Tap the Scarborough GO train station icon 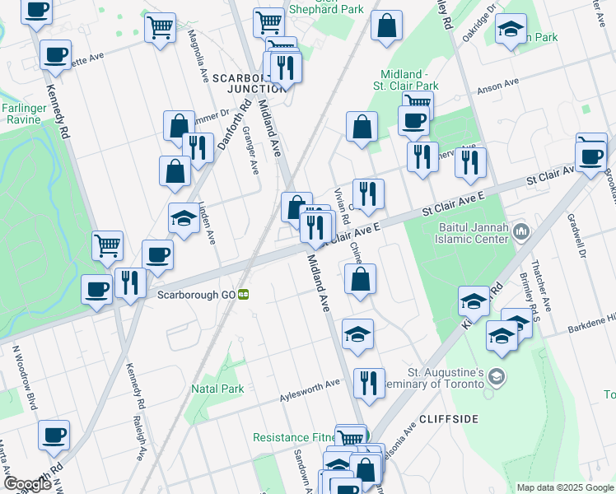pyautogui.click(x=244, y=295)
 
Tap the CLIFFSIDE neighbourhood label pyautogui.click(x=449, y=419)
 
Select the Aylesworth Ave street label pyautogui.click(x=308, y=384)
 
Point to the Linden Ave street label pyautogui.click(x=207, y=222)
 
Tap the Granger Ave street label pyautogui.click(x=252, y=156)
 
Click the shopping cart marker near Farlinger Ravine pyautogui.click(x=107, y=245)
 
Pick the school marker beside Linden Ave pyautogui.click(x=184, y=218)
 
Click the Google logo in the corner pyautogui.click(x=28, y=484)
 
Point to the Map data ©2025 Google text pyautogui.click(x=564, y=487)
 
